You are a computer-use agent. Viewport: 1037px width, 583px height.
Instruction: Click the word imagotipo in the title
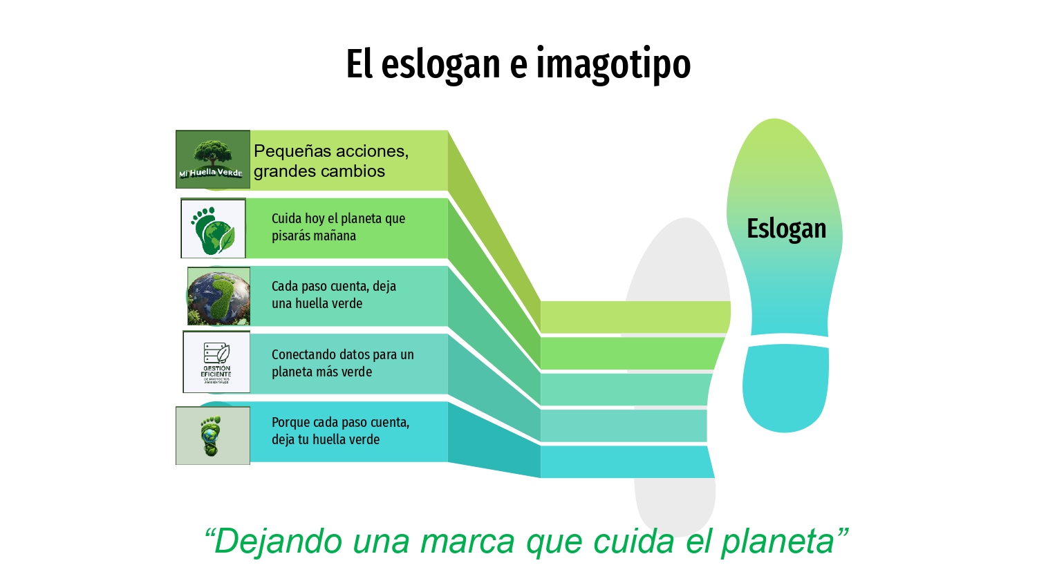point(613,64)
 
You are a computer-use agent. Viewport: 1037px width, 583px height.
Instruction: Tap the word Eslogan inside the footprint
point(786,229)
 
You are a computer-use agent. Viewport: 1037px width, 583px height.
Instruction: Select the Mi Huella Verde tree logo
point(212,160)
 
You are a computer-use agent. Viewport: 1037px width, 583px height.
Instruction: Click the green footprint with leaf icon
point(213,229)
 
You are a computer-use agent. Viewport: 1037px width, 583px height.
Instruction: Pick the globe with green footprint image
point(218,296)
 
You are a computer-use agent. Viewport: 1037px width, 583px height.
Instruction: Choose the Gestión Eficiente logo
point(216,362)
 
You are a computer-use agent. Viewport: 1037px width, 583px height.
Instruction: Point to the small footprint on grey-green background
point(212,436)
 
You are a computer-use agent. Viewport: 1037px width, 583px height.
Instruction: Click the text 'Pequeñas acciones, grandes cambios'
point(331,161)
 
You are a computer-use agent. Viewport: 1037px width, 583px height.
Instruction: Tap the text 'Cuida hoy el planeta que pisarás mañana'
point(338,227)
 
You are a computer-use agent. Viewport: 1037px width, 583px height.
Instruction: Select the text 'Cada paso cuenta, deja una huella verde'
point(333,295)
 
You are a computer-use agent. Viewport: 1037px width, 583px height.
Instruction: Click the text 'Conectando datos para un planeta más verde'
point(342,363)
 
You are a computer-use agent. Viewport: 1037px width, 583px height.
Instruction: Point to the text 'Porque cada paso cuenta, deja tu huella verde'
point(340,431)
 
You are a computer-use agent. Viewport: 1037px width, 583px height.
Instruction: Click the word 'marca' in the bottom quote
point(467,541)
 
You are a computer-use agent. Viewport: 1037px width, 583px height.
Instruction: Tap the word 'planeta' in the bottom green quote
point(777,541)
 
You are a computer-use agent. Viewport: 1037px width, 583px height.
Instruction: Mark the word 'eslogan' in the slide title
point(441,64)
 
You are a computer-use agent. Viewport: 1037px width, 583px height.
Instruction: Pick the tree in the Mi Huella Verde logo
point(212,152)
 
